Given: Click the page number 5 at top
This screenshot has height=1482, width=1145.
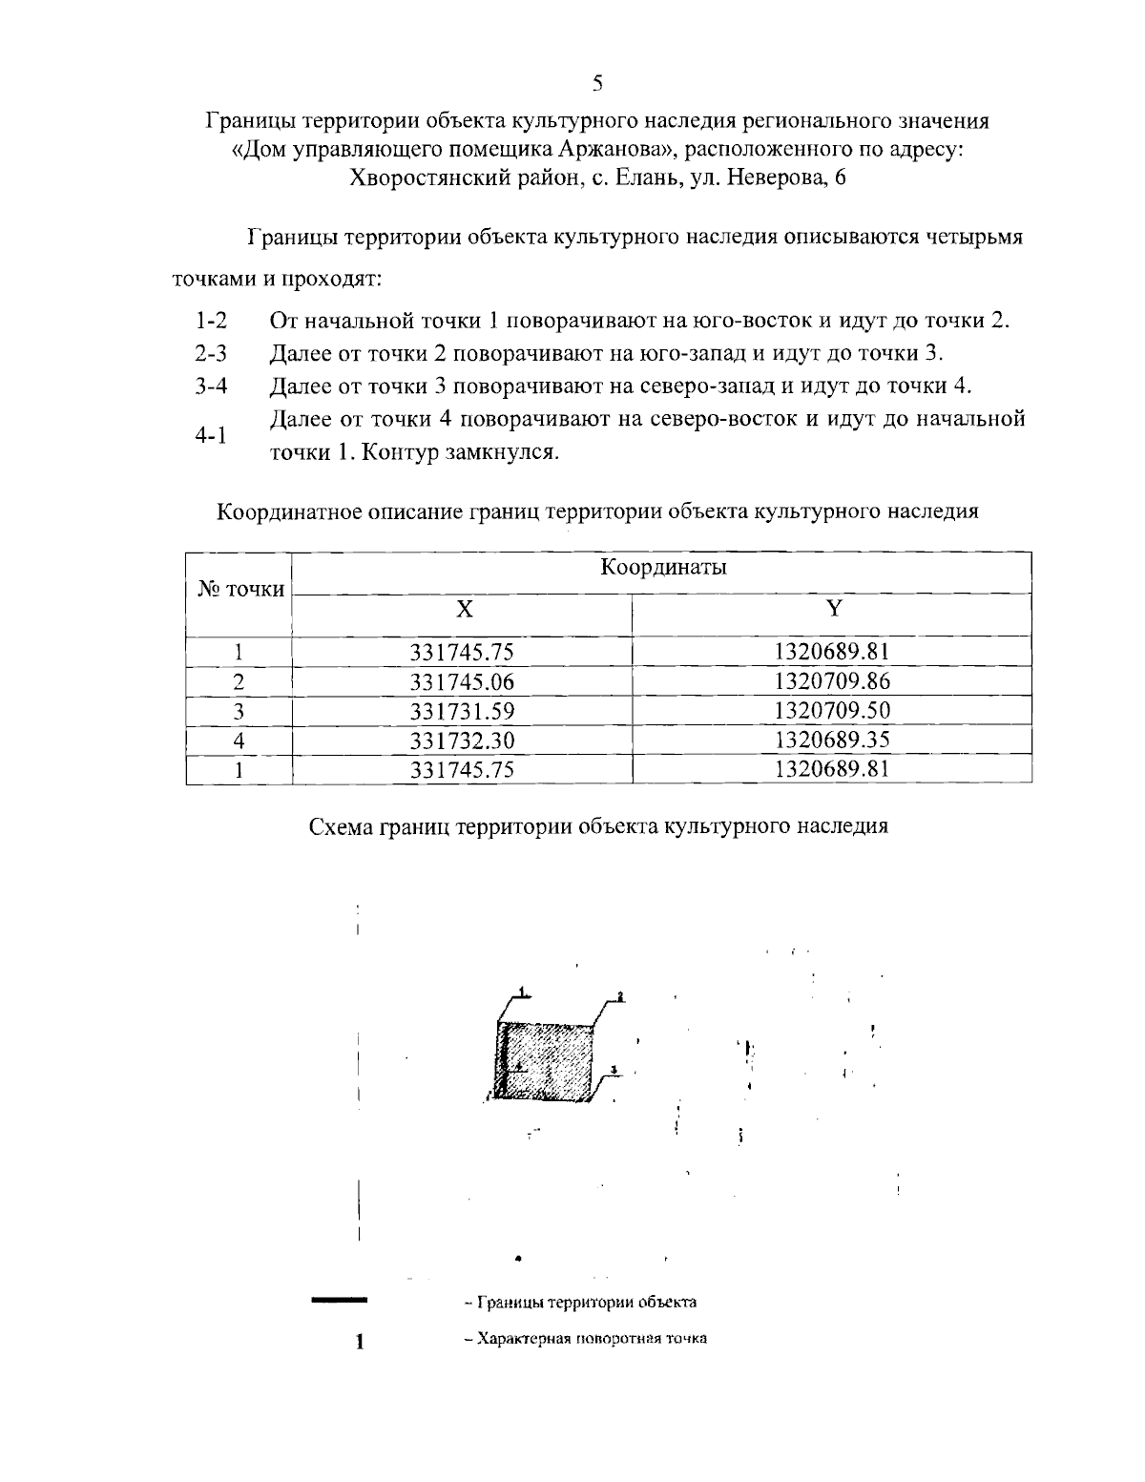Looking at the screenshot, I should click(x=597, y=83).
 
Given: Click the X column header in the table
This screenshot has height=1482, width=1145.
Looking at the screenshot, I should click(x=462, y=609).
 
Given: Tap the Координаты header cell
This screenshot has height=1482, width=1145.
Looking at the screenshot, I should click(x=662, y=568).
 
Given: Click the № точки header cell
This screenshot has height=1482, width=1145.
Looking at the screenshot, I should click(x=240, y=589).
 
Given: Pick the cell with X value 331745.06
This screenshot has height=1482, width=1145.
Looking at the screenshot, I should click(x=462, y=681).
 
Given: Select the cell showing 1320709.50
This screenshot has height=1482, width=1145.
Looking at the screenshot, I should click(x=832, y=711).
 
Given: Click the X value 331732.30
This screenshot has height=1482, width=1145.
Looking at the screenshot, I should click(x=462, y=740).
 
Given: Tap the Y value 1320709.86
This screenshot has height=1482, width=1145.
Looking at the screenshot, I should click(x=832, y=681).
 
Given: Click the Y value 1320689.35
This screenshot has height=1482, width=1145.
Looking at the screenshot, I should click(x=832, y=740).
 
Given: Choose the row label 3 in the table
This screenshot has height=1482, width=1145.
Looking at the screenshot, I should click(x=239, y=711).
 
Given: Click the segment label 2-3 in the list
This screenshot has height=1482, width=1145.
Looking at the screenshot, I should click(x=211, y=353).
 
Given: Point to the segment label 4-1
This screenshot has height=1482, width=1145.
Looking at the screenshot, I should click(x=211, y=436).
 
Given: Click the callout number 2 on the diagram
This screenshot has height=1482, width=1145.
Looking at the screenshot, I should click(x=619, y=996).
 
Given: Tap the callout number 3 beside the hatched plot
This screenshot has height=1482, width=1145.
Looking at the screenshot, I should click(x=614, y=1068).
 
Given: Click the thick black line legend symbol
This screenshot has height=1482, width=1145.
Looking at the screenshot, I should click(x=340, y=1299).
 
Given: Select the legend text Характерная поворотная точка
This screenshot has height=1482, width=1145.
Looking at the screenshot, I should click(x=585, y=1338).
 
